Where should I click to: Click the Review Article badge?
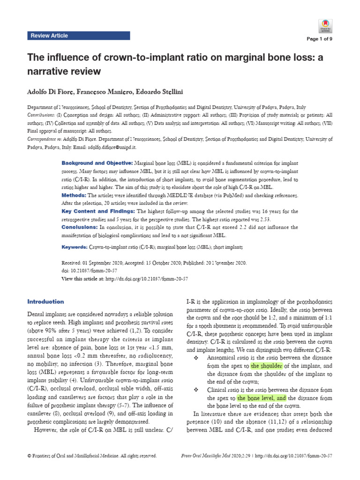pos(49,36)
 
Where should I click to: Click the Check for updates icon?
pos(325,25)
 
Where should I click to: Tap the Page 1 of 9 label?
pos(319,40)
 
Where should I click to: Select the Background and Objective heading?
pos(97,163)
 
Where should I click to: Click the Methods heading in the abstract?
pos(74,195)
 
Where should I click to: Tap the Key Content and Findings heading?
pos(98,211)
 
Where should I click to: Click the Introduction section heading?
pos(45,301)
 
